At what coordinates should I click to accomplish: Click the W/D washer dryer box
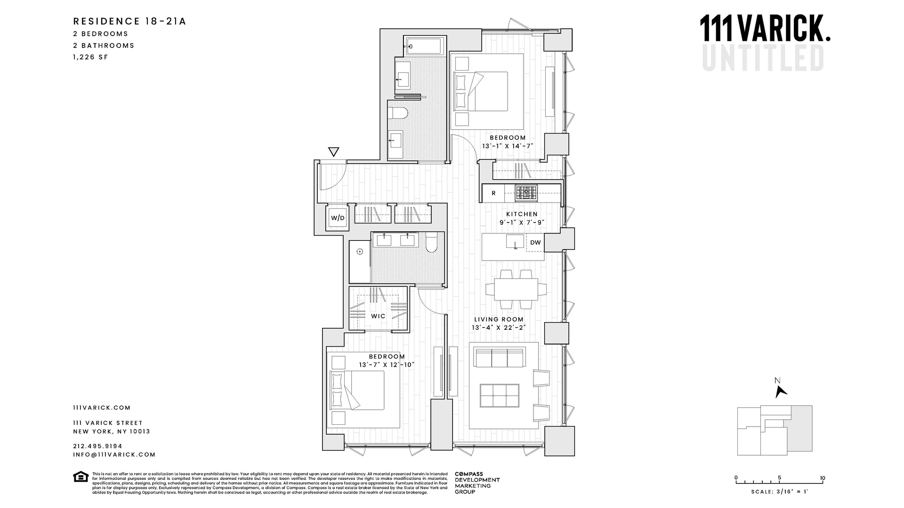coord(338,218)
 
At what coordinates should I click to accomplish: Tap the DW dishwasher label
coord(535,243)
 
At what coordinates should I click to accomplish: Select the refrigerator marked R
coord(493,193)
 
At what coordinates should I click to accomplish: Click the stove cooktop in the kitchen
coord(525,193)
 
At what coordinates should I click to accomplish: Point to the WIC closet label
coord(378,316)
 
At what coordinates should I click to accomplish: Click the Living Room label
coord(499,319)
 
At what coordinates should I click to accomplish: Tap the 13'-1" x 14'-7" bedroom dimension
coord(508,146)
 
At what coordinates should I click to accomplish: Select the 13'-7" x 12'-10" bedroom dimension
coord(386,365)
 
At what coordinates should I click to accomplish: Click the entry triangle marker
coord(333,152)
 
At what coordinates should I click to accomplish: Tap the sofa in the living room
coord(500,358)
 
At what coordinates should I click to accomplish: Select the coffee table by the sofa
coord(499,396)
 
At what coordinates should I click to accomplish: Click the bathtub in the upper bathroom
coord(424,47)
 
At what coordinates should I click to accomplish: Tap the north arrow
coord(781,391)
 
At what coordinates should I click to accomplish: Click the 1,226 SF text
coord(90,57)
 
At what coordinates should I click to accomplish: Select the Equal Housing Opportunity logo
coord(81,476)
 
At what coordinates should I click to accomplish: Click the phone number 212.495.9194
coord(97,446)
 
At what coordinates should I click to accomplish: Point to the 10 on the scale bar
coord(823,478)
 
